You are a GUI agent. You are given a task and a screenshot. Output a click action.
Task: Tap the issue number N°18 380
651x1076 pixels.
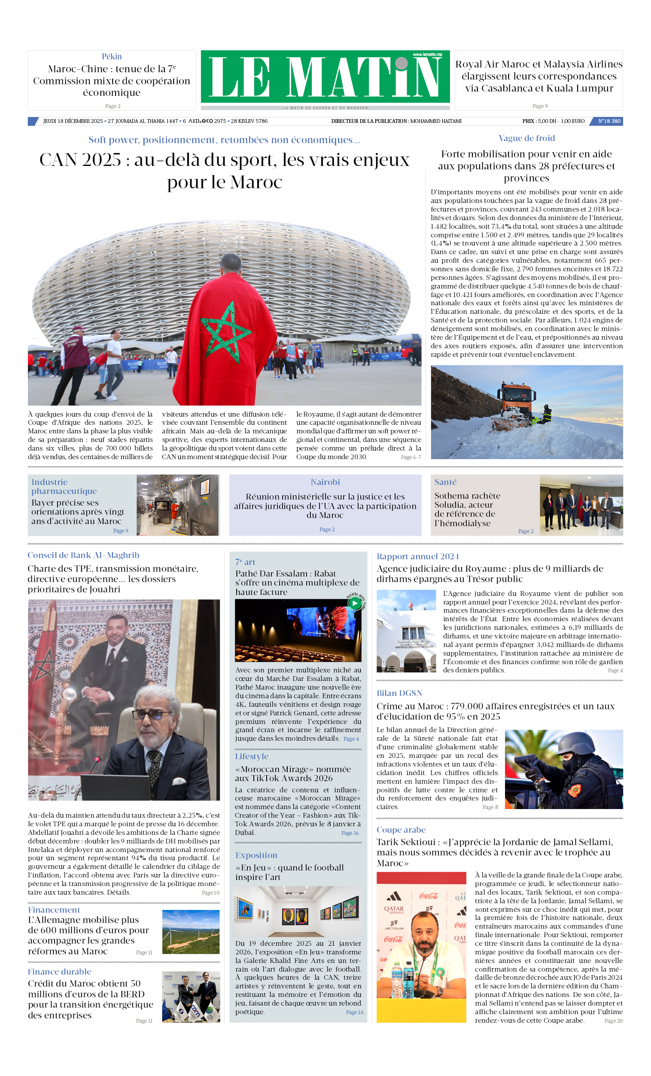point(608,121)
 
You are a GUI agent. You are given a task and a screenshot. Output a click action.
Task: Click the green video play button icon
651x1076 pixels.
point(355,603)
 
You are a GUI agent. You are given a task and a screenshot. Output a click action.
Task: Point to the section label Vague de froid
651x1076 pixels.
point(526,138)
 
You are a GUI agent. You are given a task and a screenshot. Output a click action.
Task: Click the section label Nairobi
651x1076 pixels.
point(325,482)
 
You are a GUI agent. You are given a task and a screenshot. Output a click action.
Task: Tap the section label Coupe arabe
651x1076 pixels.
point(401,830)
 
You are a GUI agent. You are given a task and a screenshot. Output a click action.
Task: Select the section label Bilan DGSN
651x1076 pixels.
point(399,693)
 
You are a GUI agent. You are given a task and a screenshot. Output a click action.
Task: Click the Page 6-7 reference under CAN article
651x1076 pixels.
point(411,457)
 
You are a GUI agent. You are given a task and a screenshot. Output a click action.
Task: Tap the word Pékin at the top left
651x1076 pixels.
point(112,56)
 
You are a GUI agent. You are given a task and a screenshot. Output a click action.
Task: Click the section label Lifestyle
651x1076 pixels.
point(252,756)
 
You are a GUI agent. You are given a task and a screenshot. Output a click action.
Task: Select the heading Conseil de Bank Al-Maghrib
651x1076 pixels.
point(83,555)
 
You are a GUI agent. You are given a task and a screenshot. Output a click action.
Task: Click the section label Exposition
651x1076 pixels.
point(256,855)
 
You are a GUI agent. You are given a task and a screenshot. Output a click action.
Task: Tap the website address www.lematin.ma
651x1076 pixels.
point(427,55)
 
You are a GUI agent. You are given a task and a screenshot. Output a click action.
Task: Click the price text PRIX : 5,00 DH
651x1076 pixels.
point(538,121)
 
